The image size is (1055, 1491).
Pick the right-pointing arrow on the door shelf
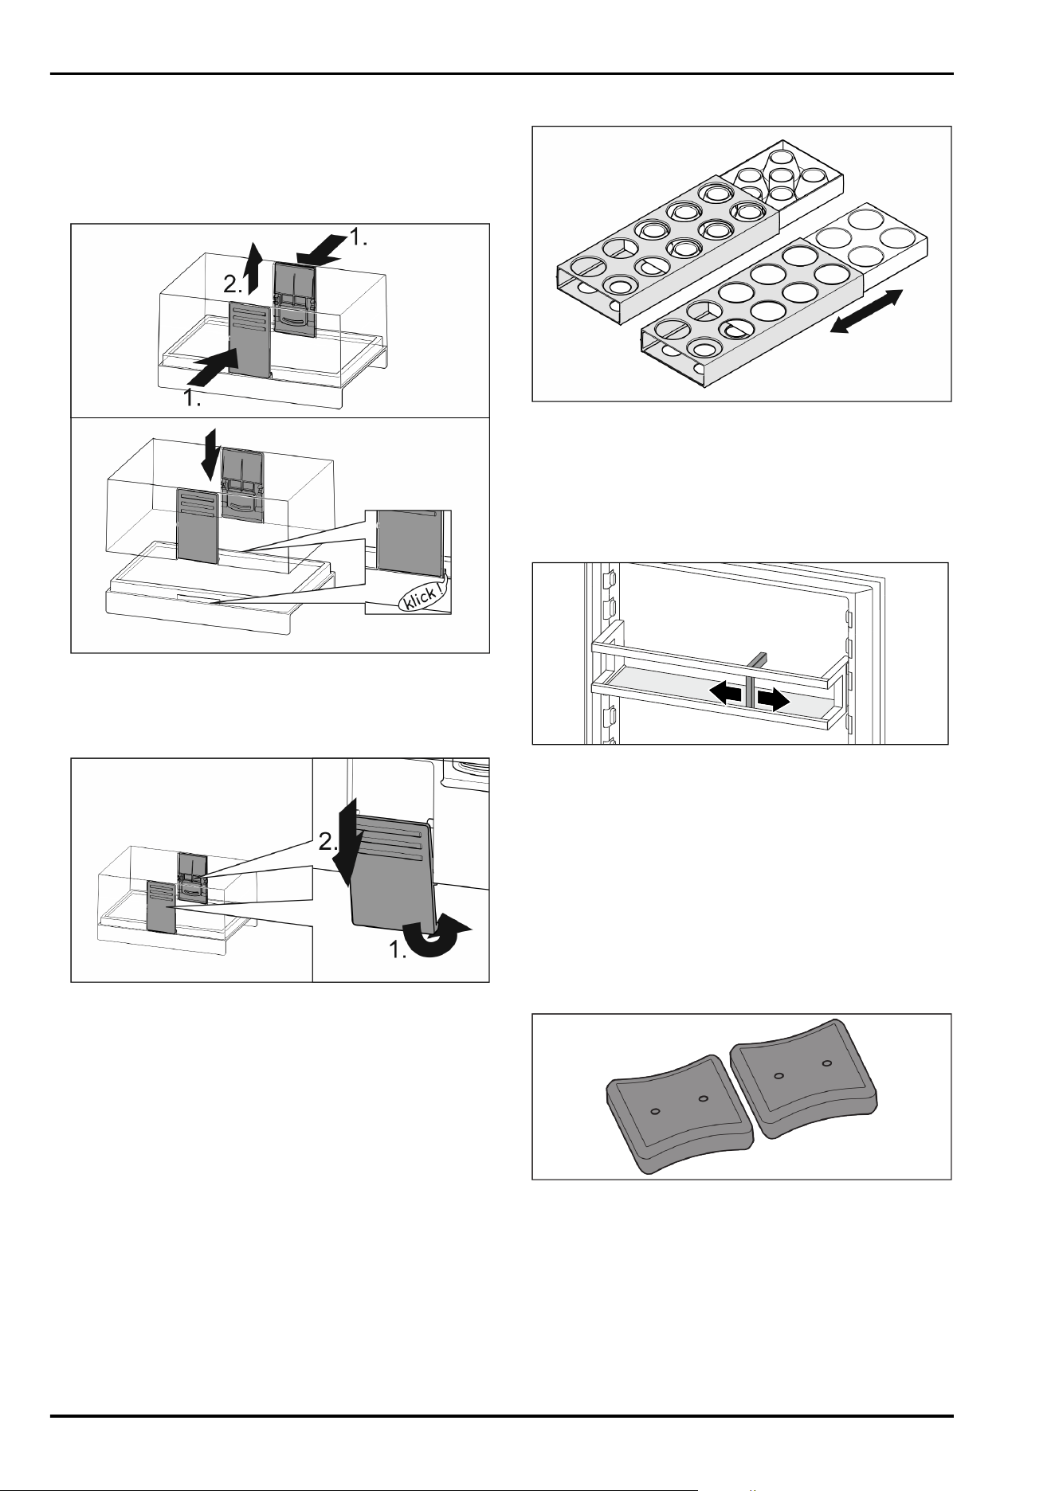coord(773,699)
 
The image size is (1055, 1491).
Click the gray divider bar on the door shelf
coord(753,679)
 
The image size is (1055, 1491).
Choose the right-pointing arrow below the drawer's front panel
coord(214,365)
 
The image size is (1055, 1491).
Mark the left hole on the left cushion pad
coord(654,1111)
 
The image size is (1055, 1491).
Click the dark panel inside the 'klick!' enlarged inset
coord(408,542)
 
